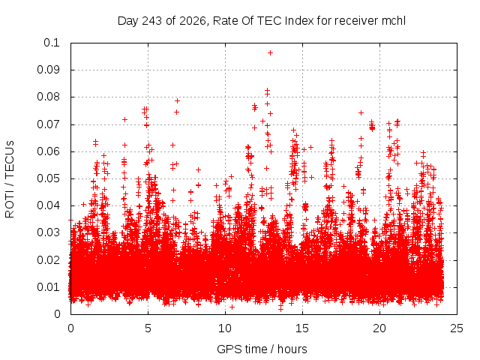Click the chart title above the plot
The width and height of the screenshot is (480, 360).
tap(262, 21)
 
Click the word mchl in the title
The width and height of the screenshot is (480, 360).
tap(394, 21)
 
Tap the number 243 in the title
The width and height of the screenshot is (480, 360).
tap(152, 21)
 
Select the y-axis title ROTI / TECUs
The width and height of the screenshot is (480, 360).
tap(10, 179)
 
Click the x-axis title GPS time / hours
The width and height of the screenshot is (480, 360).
tap(262, 349)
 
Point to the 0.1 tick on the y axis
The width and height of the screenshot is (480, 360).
tap(52, 43)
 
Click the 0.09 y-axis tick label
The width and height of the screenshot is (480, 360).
tap(48, 70)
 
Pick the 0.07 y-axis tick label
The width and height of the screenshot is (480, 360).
tap(48, 124)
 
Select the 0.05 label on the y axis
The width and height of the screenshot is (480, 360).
tap(48, 178)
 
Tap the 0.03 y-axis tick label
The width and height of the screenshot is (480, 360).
tap(48, 232)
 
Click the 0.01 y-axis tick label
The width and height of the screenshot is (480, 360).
tap(48, 287)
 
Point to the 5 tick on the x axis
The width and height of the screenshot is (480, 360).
tap(148, 328)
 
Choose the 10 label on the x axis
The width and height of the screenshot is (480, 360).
tap(225, 328)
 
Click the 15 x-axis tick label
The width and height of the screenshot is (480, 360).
tap(302, 328)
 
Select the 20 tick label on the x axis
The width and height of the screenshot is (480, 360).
tap(379, 328)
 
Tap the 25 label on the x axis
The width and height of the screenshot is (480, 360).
tap(457, 328)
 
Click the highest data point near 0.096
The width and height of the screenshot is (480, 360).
tap(270, 53)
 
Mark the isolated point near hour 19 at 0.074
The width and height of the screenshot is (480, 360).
tap(361, 113)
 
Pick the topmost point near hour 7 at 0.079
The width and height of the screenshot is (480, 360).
tap(177, 100)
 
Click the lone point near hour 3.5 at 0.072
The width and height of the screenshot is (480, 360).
tap(124, 119)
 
